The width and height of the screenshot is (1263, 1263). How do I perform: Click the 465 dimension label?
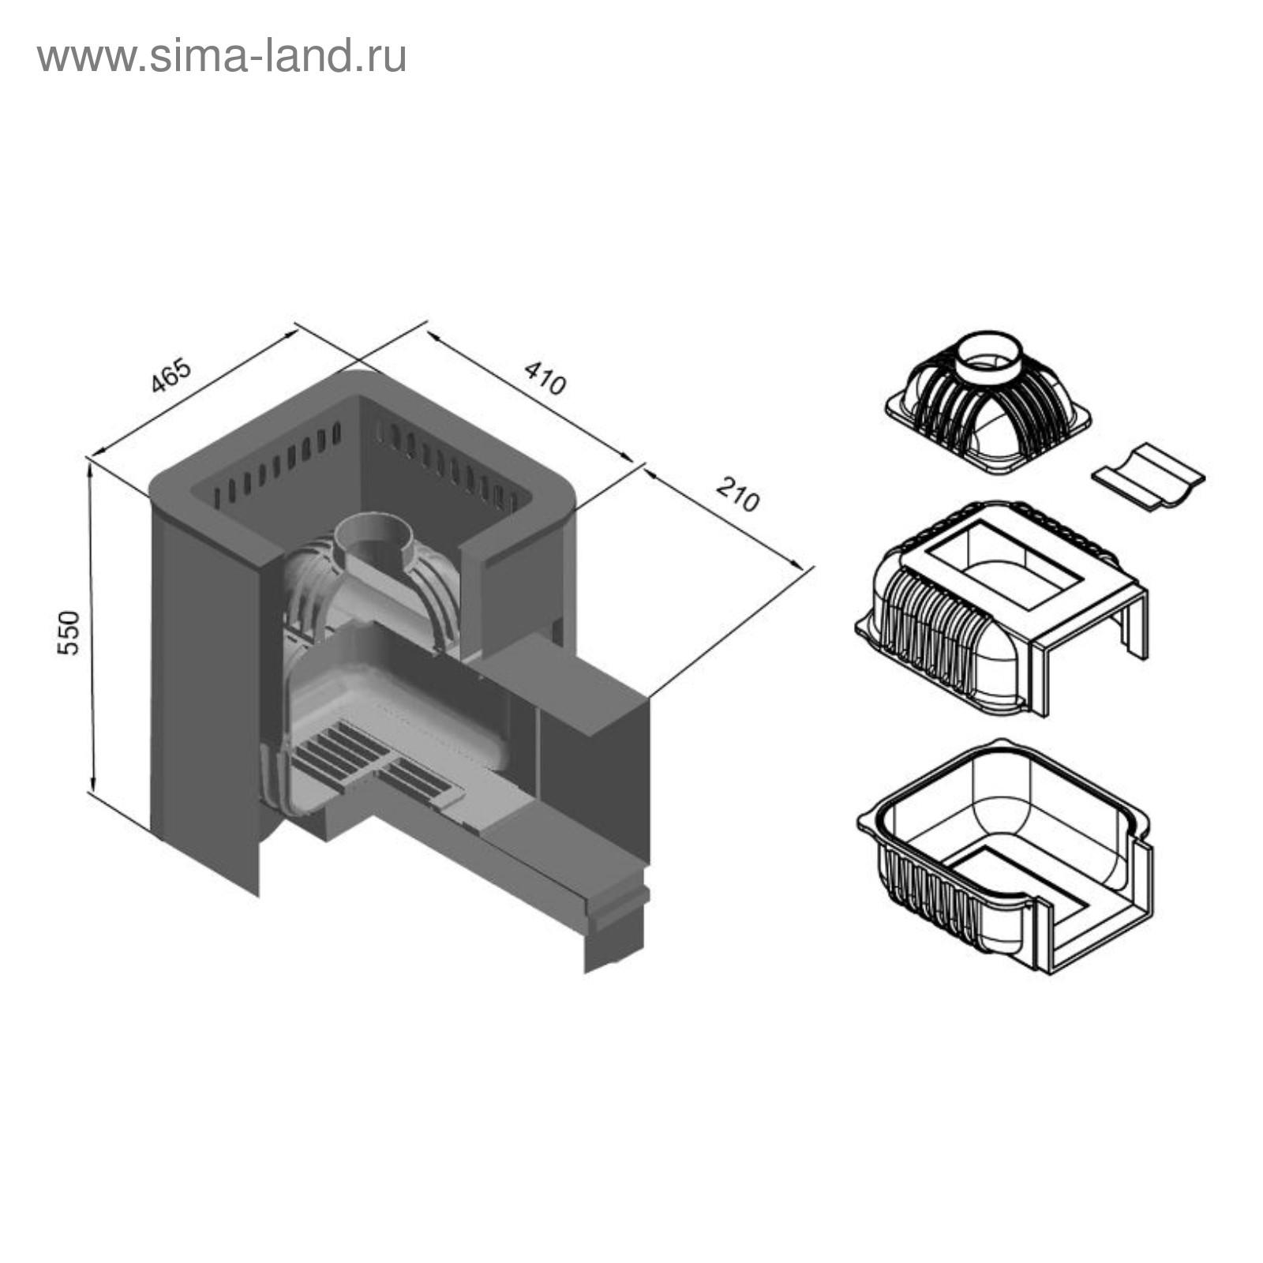(171, 376)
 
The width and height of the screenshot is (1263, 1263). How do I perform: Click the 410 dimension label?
(545, 377)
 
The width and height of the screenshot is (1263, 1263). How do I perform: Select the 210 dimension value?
(738, 495)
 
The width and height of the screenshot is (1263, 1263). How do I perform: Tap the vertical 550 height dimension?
(69, 631)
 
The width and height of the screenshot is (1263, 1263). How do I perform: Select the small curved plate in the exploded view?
(1149, 476)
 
